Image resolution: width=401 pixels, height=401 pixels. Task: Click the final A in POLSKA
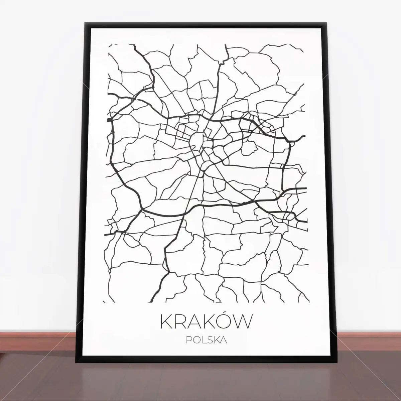224,341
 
